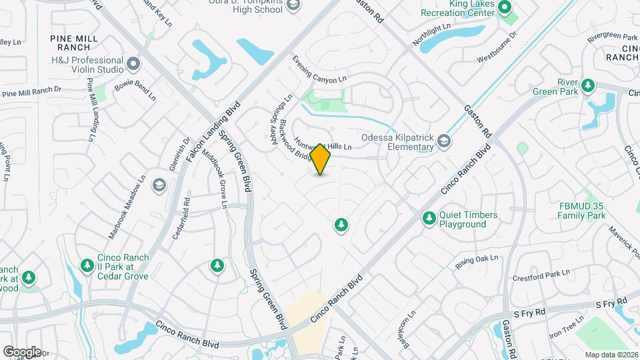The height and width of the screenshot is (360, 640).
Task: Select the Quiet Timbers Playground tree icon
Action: coord(429,218)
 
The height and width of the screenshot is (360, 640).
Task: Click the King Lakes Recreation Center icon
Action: coord(505,9)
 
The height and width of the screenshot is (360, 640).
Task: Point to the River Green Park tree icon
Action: coord(587,85)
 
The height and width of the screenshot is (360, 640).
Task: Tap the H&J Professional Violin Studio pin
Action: coord(134,64)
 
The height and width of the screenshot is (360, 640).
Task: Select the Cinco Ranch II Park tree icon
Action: coord(87,266)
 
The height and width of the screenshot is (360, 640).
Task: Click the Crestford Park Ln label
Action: coord(541,274)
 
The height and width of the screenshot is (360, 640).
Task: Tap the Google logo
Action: coord(21,351)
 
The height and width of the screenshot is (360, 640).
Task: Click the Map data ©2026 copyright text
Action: coord(611,354)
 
